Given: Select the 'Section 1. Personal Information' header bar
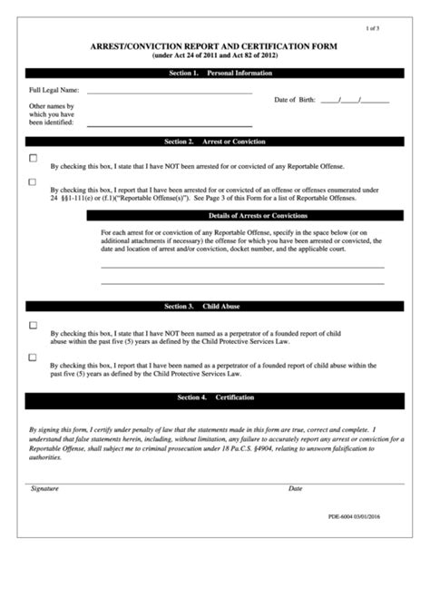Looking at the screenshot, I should (215, 72).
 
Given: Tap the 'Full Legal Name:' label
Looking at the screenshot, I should (54, 91).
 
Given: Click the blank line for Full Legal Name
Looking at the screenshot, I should (169, 93).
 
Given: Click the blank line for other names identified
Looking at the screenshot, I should (169, 123).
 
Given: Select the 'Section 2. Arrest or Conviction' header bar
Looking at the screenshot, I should (215, 142).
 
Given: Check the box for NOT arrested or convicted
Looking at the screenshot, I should (34, 159).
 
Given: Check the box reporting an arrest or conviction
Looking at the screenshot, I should (34, 181).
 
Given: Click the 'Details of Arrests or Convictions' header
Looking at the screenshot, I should (258, 216).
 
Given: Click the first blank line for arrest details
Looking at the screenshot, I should (241, 266).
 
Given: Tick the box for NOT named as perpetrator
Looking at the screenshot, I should (34, 325).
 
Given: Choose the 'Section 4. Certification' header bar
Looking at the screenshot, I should (215, 398).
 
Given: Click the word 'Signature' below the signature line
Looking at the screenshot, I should (44, 488).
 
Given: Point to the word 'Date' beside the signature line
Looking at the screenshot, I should (295, 488).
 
